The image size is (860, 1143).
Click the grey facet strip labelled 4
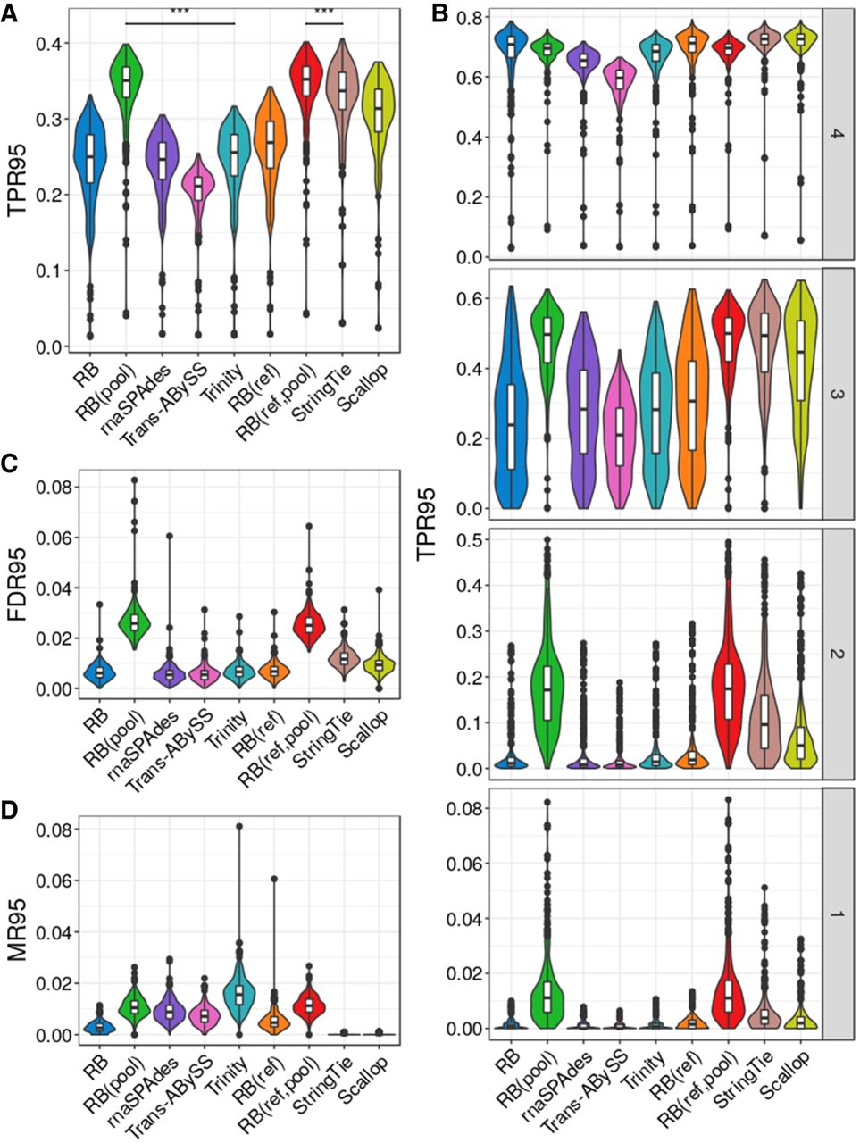click(839, 139)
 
